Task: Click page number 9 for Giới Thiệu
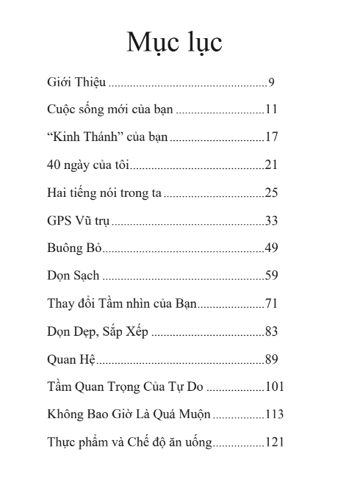tap(271, 82)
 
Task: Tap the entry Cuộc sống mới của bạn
tap(109, 110)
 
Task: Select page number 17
tap(271, 137)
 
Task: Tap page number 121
tap(274, 442)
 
